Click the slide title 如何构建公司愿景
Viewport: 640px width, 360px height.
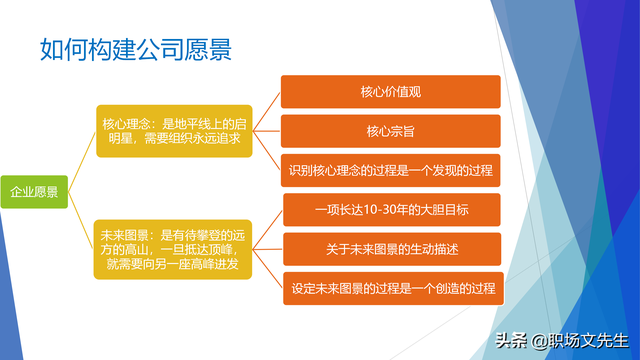tap(139, 48)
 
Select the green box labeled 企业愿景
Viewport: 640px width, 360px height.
tap(34, 191)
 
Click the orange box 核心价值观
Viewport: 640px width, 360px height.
tap(391, 92)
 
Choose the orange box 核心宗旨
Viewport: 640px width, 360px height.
tap(391, 131)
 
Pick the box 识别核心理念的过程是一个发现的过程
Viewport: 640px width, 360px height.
tap(391, 170)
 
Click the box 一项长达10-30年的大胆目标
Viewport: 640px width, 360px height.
tap(391, 210)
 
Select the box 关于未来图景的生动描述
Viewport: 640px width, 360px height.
tap(391, 248)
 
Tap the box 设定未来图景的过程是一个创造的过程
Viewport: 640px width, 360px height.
tap(391, 288)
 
